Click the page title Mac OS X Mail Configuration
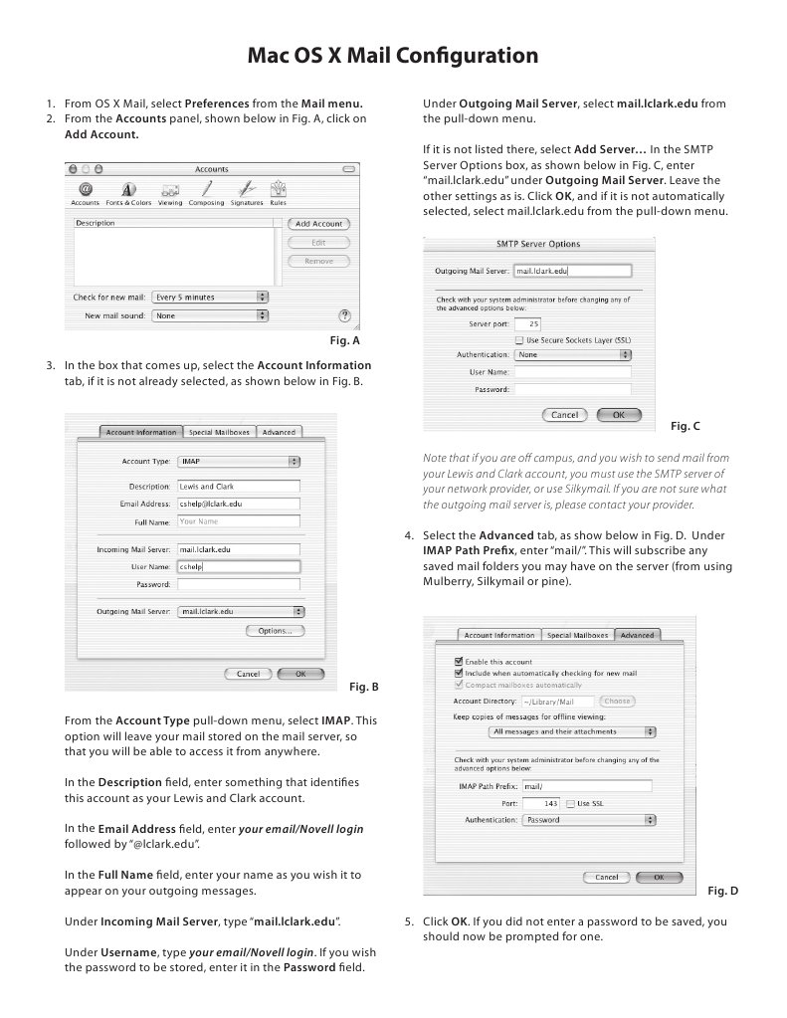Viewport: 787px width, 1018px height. (x=393, y=55)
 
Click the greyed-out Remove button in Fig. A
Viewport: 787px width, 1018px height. (x=318, y=261)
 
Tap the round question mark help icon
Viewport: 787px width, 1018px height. (x=344, y=315)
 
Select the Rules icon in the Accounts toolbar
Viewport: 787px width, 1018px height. (x=279, y=190)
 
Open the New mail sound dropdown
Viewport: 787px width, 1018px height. (x=210, y=315)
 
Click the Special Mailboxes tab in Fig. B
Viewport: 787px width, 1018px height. (x=219, y=432)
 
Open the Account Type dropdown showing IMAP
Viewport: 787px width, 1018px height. (x=239, y=462)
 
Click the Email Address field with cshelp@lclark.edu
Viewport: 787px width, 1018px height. (x=239, y=505)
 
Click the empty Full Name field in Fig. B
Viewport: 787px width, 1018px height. (x=239, y=521)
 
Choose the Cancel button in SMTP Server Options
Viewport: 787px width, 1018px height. (x=564, y=415)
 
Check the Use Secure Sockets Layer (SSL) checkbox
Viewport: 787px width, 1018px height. (x=519, y=339)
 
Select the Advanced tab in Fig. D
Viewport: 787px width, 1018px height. (x=637, y=635)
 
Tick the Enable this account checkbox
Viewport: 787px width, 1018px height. (x=458, y=662)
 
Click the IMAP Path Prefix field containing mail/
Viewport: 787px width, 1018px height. (x=586, y=786)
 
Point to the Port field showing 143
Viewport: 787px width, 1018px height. (x=541, y=803)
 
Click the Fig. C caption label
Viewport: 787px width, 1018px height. (x=685, y=426)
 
